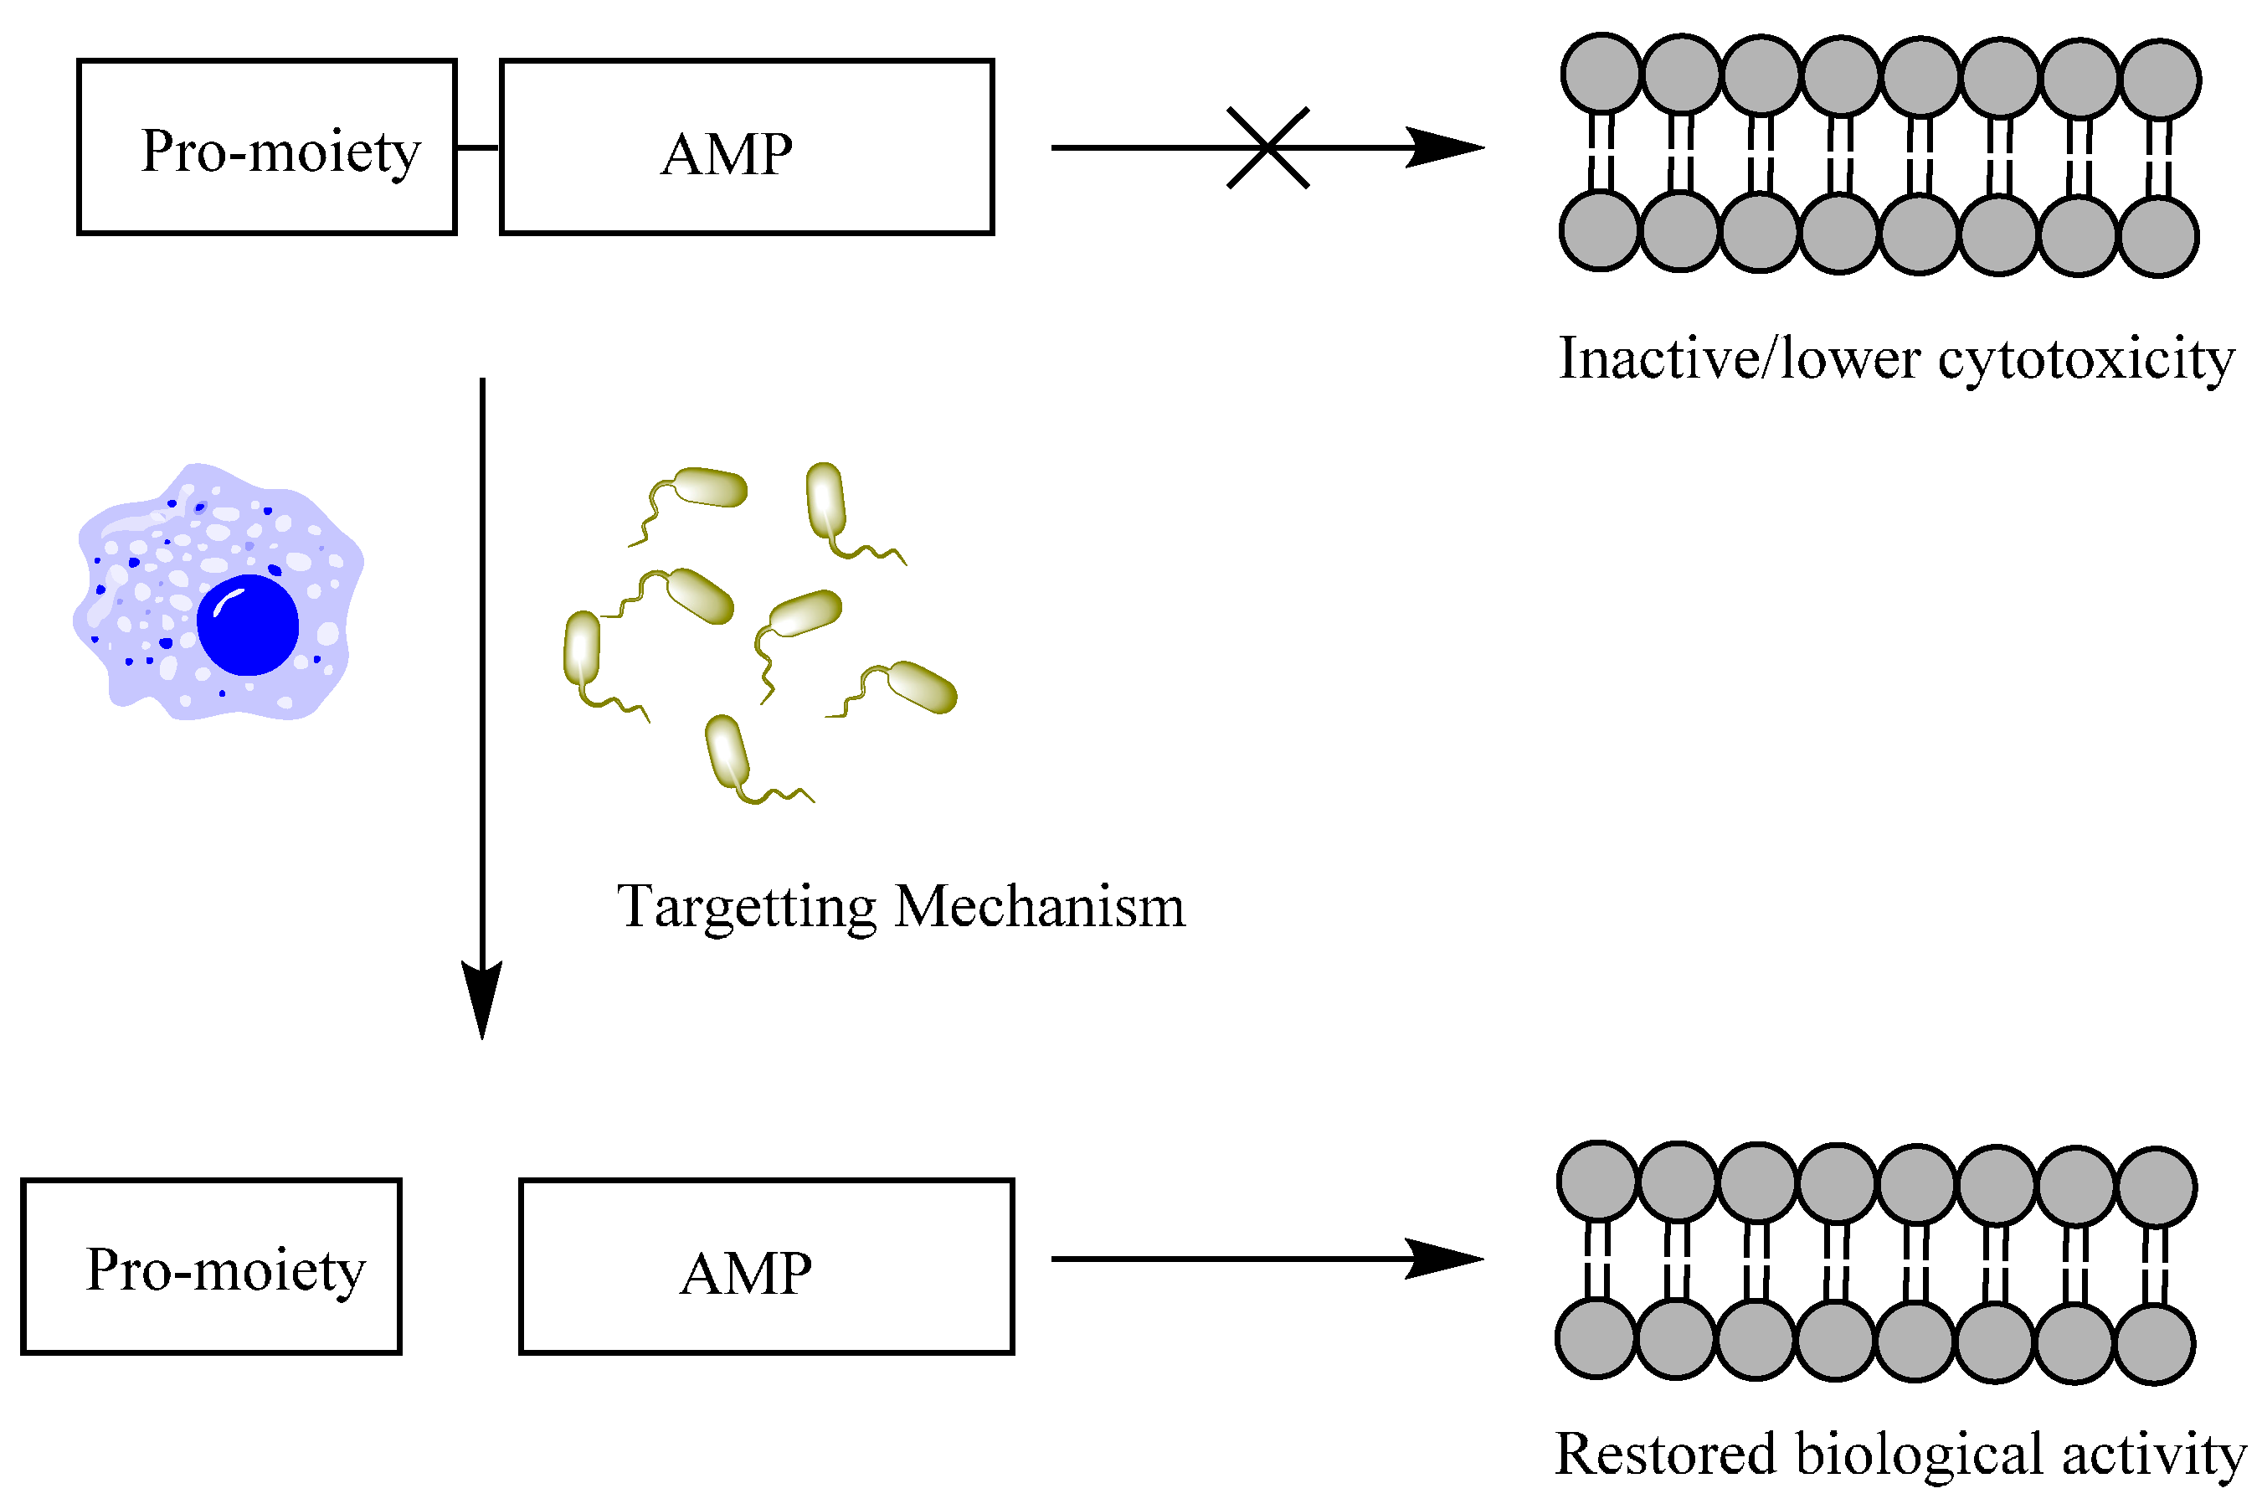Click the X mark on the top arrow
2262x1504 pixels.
click(x=1267, y=147)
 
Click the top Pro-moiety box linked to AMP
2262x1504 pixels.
click(x=266, y=147)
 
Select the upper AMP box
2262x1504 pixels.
click(x=746, y=147)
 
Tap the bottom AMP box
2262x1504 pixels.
click(x=765, y=1266)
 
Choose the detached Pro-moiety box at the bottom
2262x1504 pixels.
click(x=211, y=1266)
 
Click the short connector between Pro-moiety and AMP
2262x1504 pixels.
click(x=477, y=147)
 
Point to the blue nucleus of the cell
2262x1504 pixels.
click(x=248, y=625)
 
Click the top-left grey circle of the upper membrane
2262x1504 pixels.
click(x=1601, y=74)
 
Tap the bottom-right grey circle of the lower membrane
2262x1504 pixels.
click(x=2155, y=1344)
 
